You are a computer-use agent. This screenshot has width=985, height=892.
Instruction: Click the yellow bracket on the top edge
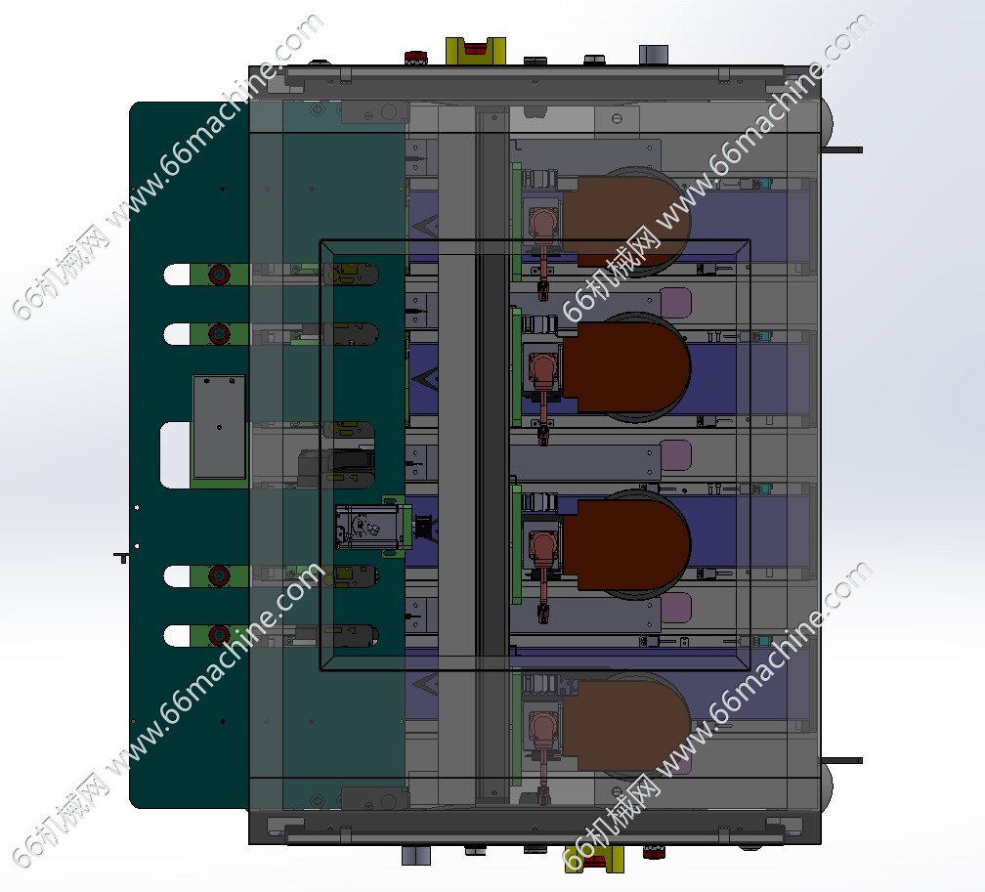pos(476,51)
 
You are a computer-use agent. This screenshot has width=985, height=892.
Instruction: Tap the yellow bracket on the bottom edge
pos(594,859)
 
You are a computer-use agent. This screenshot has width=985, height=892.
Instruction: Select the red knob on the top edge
pos(415,58)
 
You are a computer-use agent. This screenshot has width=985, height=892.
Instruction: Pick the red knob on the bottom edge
pos(654,852)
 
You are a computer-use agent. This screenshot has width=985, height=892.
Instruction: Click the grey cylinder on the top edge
pos(654,55)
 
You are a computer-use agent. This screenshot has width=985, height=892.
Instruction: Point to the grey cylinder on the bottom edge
pos(416,855)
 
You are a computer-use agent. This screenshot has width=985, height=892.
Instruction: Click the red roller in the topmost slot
pos(219,275)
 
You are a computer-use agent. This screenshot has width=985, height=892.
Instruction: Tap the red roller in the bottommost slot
pos(219,635)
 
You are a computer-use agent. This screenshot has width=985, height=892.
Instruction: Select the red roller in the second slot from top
pos(219,333)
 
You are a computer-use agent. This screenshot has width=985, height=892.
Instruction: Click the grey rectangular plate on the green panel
pos(219,427)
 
